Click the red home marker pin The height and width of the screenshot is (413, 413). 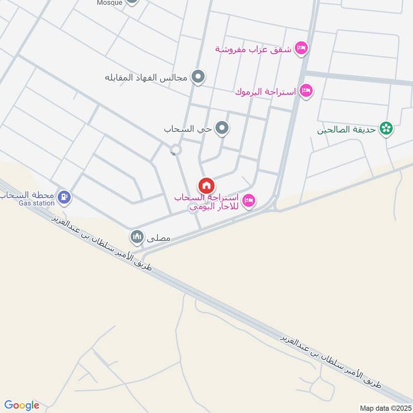(206, 185)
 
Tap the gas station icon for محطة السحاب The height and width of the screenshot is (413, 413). (65, 196)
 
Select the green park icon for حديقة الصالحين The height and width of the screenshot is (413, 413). (385, 129)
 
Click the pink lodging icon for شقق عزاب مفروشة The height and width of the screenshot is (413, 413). (301, 49)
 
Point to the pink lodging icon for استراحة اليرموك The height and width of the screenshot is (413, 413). (306, 91)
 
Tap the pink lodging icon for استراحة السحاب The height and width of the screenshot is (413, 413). (249, 200)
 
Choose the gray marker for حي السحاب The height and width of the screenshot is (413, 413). (222, 128)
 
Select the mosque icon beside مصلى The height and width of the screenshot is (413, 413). (137, 237)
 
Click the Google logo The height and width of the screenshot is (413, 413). (22, 405)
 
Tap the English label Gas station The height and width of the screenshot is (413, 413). (36, 203)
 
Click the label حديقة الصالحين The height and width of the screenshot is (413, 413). (347, 130)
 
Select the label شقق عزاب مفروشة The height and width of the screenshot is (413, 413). (253, 49)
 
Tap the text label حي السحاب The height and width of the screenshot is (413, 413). (188, 129)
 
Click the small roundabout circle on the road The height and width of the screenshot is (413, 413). (176, 150)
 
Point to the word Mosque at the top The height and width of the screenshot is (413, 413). (109, 3)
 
